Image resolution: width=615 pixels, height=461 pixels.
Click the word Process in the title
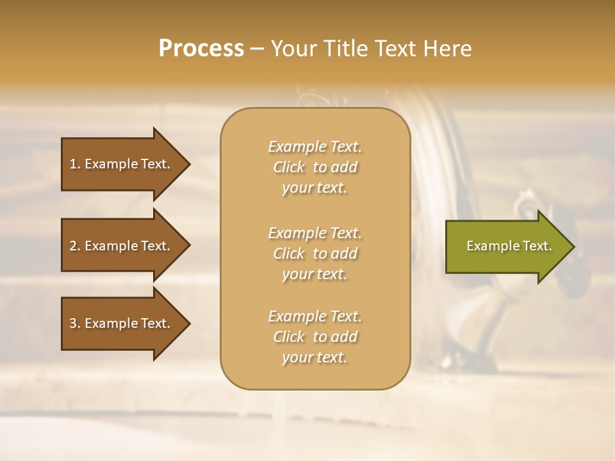click(201, 49)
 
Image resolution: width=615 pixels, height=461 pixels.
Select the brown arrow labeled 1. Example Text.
click(122, 164)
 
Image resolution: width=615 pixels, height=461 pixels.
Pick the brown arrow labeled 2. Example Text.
click(122, 246)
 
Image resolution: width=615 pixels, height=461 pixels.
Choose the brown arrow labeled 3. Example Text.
click(122, 323)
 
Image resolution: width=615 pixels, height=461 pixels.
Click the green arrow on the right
click(506, 246)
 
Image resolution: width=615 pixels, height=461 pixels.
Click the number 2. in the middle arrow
click(74, 246)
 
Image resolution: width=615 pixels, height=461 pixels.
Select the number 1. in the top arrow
click(74, 164)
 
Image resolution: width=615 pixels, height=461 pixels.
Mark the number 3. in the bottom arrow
click(74, 323)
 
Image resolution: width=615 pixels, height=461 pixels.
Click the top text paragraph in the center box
click(315, 167)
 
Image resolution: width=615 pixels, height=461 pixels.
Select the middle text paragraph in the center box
click(315, 254)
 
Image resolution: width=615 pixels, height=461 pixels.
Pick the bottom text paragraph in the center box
click(315, 337)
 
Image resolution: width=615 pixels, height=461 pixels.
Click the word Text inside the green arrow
click(537, 246)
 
